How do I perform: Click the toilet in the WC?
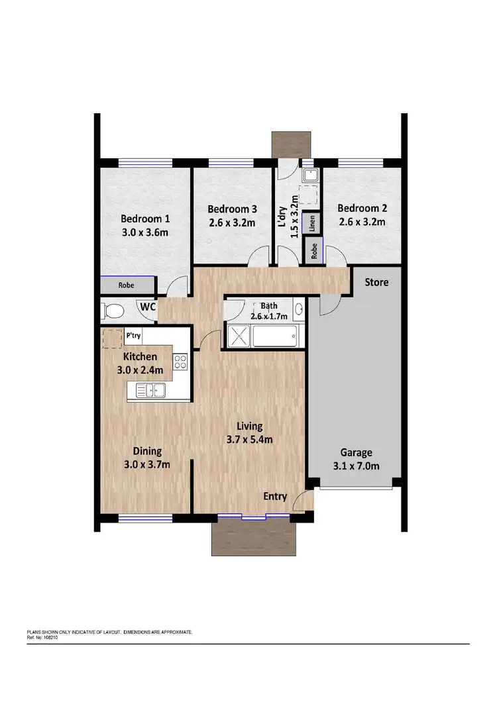[114, 310]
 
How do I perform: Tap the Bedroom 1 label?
[145, 219]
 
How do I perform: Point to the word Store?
[376, 283]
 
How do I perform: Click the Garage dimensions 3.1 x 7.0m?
[356, 466]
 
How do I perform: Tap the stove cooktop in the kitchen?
[180, 362]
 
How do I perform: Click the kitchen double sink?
[150, 390]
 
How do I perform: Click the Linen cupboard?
[311, 223]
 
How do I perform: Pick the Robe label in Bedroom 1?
[127, 286]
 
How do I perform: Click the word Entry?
[275, 497]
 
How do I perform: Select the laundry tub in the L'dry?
[310, 175]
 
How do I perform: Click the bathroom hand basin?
[298, 309]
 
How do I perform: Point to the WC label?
[146, 307]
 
